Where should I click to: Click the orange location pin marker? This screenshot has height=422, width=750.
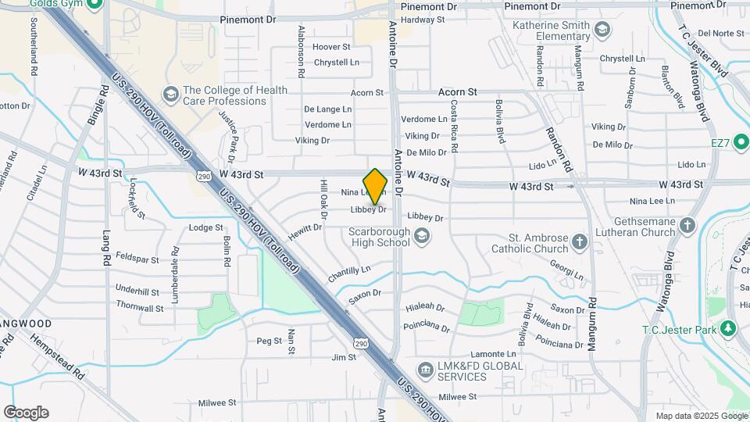coord(376,186)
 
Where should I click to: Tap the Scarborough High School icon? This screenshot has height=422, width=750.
coord(422,234)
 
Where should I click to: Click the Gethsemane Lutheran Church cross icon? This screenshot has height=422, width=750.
coord(687,226)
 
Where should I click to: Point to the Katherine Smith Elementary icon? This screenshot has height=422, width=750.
coord(602,30)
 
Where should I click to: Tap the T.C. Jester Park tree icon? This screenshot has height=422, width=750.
coord(729,327)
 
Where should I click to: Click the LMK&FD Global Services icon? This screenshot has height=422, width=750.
coord(425,369)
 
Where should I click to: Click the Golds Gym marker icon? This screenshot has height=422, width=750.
coord(95,4)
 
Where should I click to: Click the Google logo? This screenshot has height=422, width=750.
coord(26,413)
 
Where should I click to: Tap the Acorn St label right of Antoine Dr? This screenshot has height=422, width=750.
coord(457,92)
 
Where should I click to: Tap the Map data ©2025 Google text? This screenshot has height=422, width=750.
coord(701,416)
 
